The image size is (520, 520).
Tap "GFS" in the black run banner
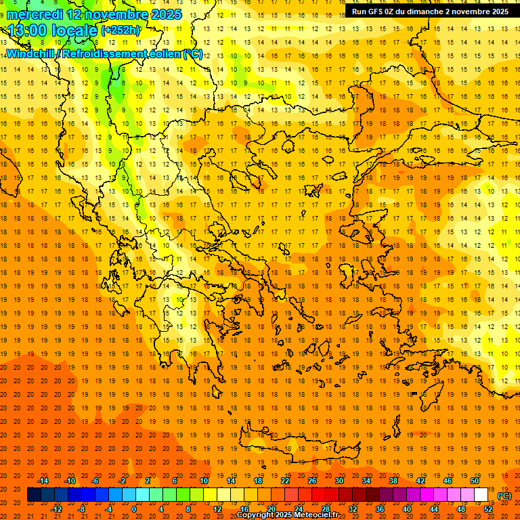376,12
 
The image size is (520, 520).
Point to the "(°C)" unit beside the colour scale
504,496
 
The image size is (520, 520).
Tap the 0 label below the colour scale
134,509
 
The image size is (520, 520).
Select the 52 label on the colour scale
488,509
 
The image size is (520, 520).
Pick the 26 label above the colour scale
312,481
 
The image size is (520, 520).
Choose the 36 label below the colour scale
379,509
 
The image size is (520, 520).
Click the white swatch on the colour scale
481,495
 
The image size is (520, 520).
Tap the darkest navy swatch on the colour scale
34,495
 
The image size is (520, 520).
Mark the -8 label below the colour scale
82,509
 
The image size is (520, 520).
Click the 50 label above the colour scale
475,481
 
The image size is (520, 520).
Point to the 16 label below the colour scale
244,509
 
